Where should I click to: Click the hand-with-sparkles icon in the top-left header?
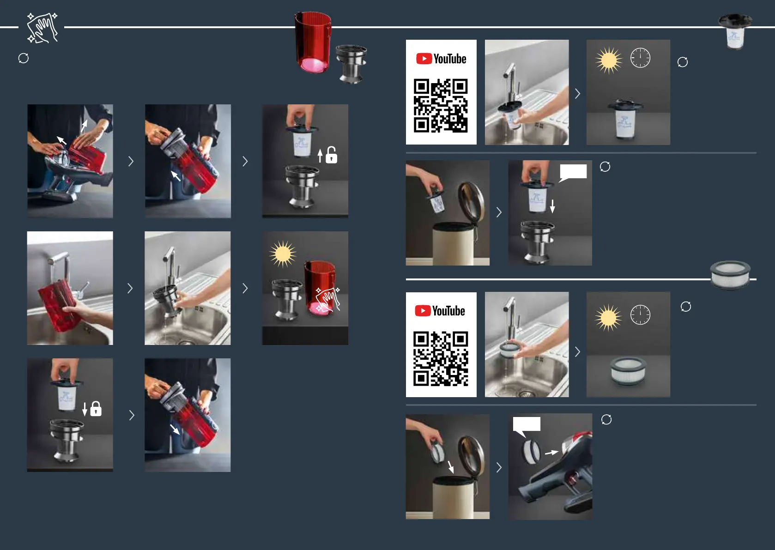click(x=42, y=28)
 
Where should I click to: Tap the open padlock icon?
click(x=331, y=155)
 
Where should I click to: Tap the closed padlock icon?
click(x=96, y=409)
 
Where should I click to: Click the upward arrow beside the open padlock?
click(x=320, y=156)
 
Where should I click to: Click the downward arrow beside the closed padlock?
click(x=85, y=409)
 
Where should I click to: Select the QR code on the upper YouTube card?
click(x=441, y=105)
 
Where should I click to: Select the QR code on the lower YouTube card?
click(x=441, y=359)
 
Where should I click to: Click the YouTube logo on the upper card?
click(x=441, y=59)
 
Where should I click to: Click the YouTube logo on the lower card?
click(x=440, y=311)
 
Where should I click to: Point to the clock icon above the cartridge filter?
click(x=640, y=58)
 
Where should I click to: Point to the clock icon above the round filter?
click(x=640, y=314)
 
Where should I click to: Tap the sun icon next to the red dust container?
click(x=283, y=254)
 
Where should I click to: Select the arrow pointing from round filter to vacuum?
click(x=551, y=453)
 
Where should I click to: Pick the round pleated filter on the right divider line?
click(x=730, y=275)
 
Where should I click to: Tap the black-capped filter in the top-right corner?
click(x=735, y=31)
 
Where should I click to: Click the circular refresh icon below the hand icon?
click(x=24, y=58)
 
